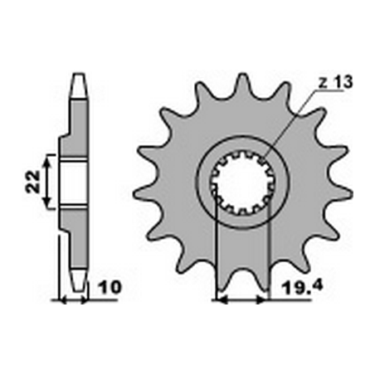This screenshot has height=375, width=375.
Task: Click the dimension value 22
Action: (x=31, y=182)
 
